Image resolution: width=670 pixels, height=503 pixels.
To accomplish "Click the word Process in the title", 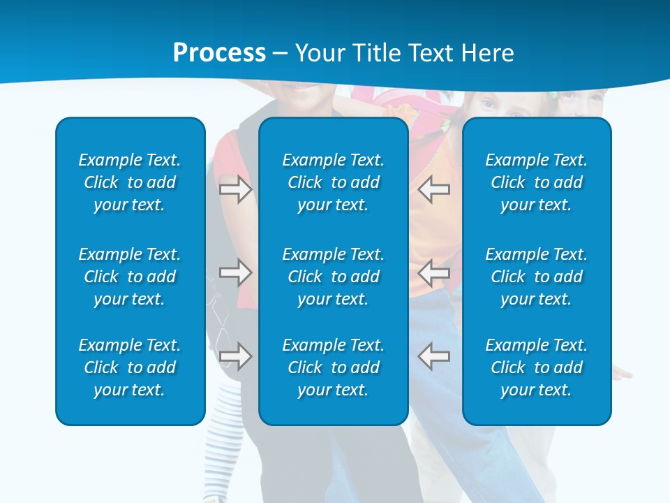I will [219, 53].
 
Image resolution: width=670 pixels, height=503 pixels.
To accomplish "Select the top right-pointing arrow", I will [236, 189].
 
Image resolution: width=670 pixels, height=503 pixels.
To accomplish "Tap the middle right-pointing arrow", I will [236, 272].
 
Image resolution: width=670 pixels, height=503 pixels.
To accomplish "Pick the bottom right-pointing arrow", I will [236, 356].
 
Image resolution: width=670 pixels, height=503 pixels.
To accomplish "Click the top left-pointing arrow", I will [433, 189].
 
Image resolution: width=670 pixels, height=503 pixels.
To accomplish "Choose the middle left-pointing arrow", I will [433, 272].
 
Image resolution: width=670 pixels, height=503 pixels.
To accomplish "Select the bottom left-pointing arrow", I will [433, 356].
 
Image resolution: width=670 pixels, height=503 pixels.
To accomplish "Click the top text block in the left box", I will [130, 182].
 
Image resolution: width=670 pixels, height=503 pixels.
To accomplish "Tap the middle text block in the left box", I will [130, 277].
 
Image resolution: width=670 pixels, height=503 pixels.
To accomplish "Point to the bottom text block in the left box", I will [130, 367].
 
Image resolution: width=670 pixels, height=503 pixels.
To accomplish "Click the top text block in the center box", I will [333, 182].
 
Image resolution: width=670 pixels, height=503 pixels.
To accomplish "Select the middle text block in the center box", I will [333, 277].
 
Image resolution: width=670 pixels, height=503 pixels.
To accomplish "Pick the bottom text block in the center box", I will [333, 367].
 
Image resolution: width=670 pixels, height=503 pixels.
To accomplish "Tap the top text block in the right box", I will [536, 182].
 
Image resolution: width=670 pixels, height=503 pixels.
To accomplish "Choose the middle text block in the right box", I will [536, 277].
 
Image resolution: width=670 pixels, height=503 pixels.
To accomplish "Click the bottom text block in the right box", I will [536, 367].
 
